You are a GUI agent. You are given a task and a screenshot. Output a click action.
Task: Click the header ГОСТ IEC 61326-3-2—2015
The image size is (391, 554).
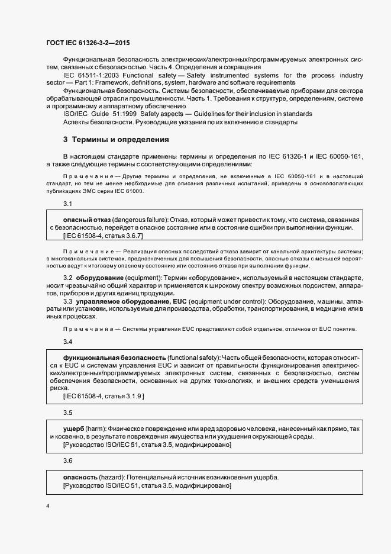click(88, 43)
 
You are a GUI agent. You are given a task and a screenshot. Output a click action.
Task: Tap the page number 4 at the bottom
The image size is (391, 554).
click(48, 506)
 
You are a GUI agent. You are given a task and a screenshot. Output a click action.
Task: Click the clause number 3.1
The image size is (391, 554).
click(67, 204)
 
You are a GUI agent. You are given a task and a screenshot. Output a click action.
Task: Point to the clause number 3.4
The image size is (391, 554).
click(67, 342)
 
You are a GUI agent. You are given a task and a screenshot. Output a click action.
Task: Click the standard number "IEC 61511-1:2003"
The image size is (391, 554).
click(90, 76)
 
